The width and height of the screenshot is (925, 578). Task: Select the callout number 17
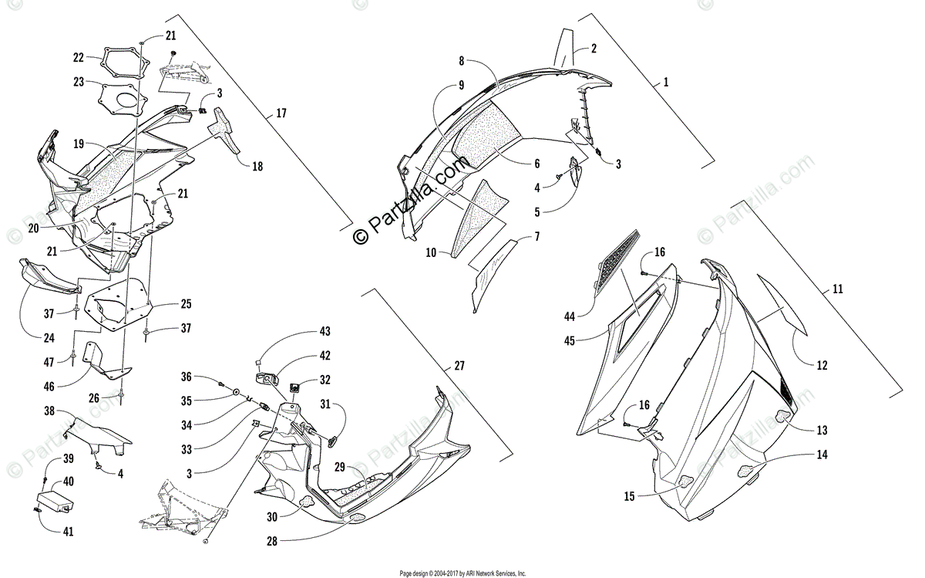pos(281,113)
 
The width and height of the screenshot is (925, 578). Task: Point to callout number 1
pos(666,81)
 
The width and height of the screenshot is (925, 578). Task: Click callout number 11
pos(838,289)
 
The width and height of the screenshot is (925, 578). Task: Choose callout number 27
pos(459,366)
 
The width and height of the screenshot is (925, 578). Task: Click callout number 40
pos(69,480)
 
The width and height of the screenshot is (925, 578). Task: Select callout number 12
pos(822,364)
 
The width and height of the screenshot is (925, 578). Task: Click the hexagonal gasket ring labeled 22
pos(123,63)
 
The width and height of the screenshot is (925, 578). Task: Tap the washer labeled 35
pos(233,394)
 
